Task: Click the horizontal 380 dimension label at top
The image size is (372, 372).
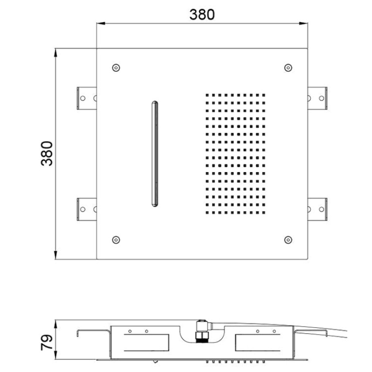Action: (x=202, y=15)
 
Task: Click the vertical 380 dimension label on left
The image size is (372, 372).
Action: (x=47, y=153)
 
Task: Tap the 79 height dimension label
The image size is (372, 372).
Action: (x=47, y=342)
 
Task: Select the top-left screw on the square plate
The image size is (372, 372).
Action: (x=116, y=68)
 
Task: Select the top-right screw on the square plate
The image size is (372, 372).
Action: (x=288, y=68)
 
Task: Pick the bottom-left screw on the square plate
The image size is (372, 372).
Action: (x=116, y=240)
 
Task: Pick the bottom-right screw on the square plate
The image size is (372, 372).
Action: (x=288, y=240)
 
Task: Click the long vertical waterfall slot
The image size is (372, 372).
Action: (x=155, y=154)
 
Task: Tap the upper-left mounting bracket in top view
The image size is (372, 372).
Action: (x=87, y=98)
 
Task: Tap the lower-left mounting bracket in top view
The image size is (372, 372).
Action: (x=87, y=209)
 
